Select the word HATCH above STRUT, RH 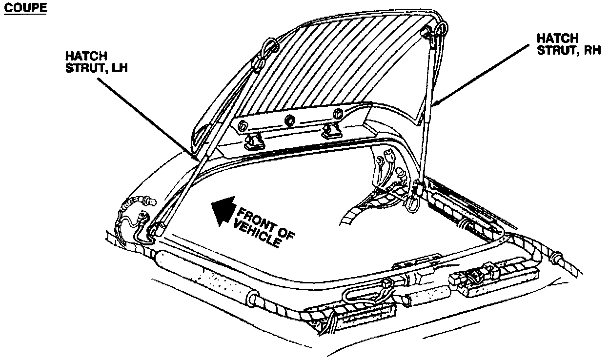coord(557,38)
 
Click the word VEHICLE coord(257,233)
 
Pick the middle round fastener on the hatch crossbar coord(290,120)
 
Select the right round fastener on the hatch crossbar coord(337,115)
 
